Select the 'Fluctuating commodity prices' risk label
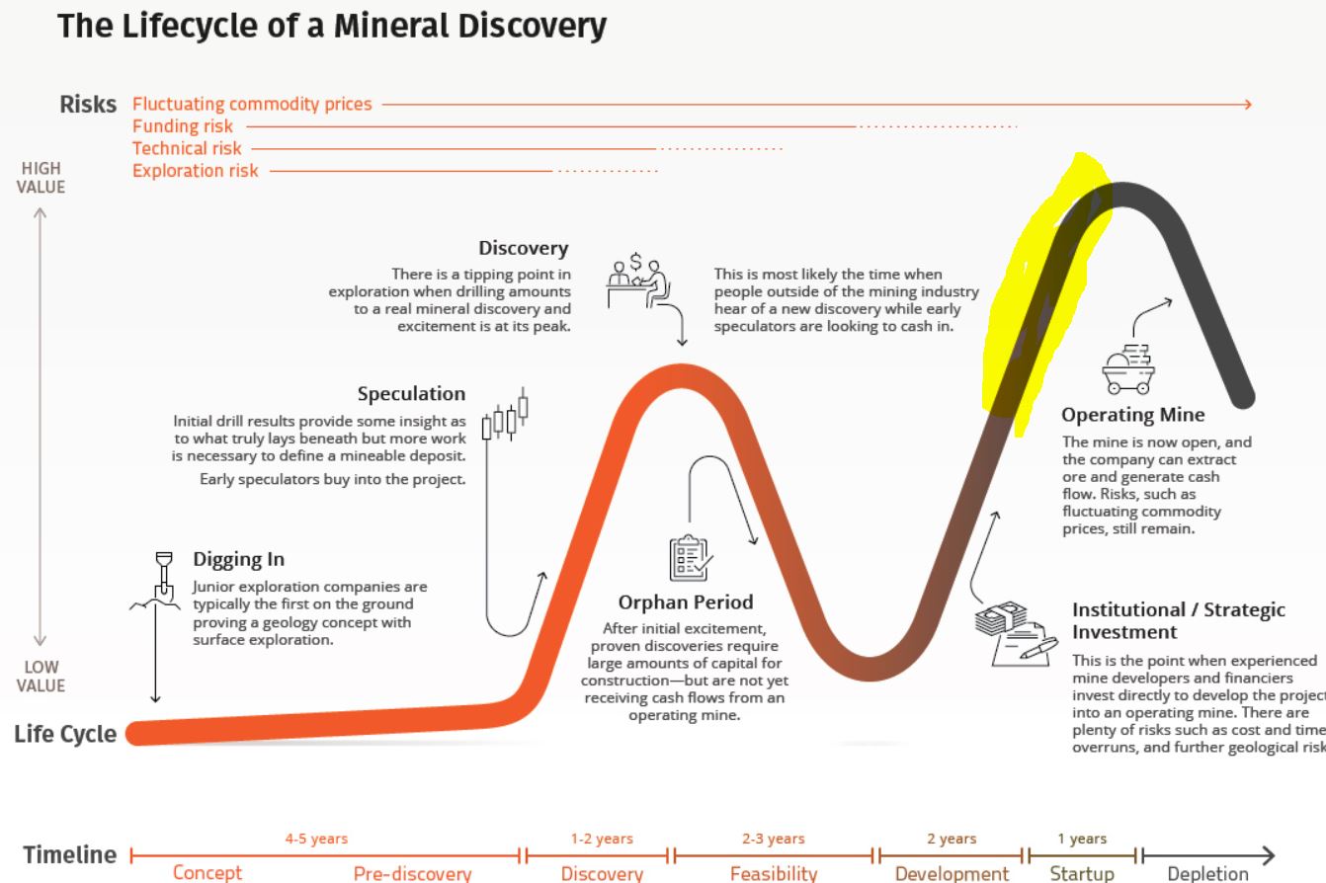coord(252,104)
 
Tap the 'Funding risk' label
coord(183,126)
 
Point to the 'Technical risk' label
coord(187,148)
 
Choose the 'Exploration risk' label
coord(196,171)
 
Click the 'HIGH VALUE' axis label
coord(41,178)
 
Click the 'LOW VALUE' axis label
coord(41,677)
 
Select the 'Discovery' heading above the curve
coord(523,248)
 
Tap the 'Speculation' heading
coord(411,394)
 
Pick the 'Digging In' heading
coord(238,560)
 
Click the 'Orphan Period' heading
coord(685,602)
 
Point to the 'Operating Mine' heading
coord(1132,415)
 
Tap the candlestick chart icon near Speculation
coord(505,415)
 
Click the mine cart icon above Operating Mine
coord(1127,369)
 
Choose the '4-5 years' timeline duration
coord(317,839)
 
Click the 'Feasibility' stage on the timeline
coord(774,873)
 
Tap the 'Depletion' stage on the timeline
coord(1207,873)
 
